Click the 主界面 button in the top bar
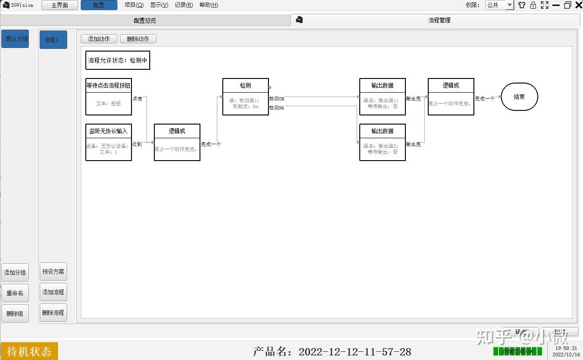tap(59, 5)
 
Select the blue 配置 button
tap(99, 5)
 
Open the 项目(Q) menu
tap(134, 5)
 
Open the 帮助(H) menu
tap(209, 5)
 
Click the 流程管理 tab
tap(439, 20)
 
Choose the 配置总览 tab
tap(145, 21)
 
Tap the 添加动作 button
tap(99, 39)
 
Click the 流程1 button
tap(53, 40)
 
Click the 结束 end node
tap(519, 97)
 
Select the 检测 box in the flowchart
tap(245, 97)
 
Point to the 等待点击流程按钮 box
tap(109, 97)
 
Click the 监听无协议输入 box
tap(109, 142)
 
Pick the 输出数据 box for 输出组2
tap(382, 142)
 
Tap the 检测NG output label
tap(277, 108)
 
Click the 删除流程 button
tap(53, 313)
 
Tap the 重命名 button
tap(15, 293)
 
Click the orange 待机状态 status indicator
tap(29, 351)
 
